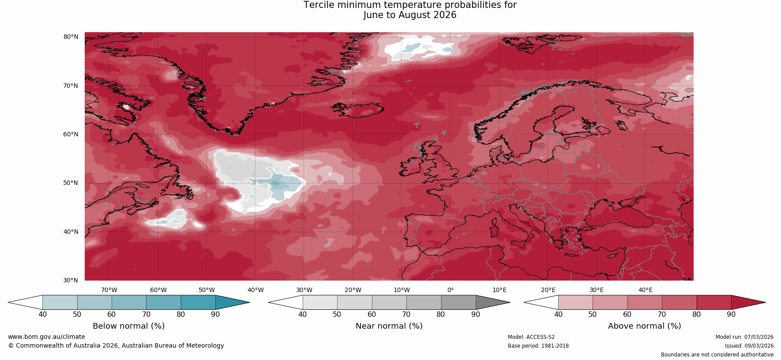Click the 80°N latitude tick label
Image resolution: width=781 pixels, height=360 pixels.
pos(71,37)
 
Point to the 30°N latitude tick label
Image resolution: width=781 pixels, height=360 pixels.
pos(71,280)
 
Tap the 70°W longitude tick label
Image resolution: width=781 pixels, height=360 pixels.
pos(109,290)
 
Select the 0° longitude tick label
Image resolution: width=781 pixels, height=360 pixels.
pos(451,290)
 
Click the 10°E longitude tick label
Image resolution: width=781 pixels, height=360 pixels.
pos(499,290)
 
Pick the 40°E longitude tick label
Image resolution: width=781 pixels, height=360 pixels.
pos(646,290)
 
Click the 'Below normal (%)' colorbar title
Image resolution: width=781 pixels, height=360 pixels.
pos(128,326)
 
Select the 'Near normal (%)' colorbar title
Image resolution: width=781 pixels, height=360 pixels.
pos(389,326)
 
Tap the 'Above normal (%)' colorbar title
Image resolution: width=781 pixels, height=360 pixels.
pos(644,326)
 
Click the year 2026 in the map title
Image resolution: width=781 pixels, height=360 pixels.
pos(445,15)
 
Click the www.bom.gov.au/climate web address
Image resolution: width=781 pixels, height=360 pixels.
pos(46,337)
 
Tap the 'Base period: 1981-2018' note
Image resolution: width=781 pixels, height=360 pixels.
pos(538,346)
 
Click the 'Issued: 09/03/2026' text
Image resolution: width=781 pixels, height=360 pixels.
pos(749,346)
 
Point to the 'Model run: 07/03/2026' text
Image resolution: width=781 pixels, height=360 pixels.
pos(744,337)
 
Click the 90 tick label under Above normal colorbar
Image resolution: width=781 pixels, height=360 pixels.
pos(731,314)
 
